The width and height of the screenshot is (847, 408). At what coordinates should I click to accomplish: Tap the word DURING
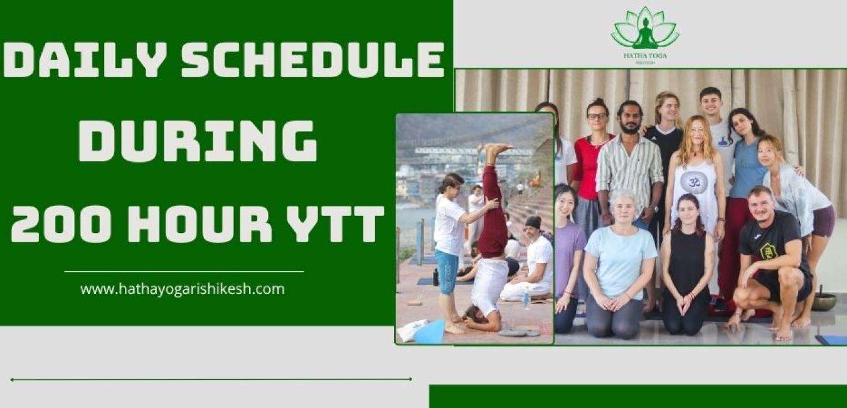pos(197,142)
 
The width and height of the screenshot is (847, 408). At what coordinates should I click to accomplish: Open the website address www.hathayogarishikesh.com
pos(182,289)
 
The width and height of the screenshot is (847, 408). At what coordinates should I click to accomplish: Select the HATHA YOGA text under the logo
pos(644,56)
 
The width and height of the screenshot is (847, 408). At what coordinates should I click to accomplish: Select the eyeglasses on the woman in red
pos(597,116)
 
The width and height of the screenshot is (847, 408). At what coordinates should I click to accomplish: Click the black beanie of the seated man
pos(533,222)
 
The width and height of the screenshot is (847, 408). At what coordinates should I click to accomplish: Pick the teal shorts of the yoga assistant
pos(447,272)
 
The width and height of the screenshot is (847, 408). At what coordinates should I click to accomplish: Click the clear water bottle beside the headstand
pos(526,300)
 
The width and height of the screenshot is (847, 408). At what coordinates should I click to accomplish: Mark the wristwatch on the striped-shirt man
pos(654,209)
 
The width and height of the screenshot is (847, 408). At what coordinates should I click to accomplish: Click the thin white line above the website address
pos(184,272)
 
